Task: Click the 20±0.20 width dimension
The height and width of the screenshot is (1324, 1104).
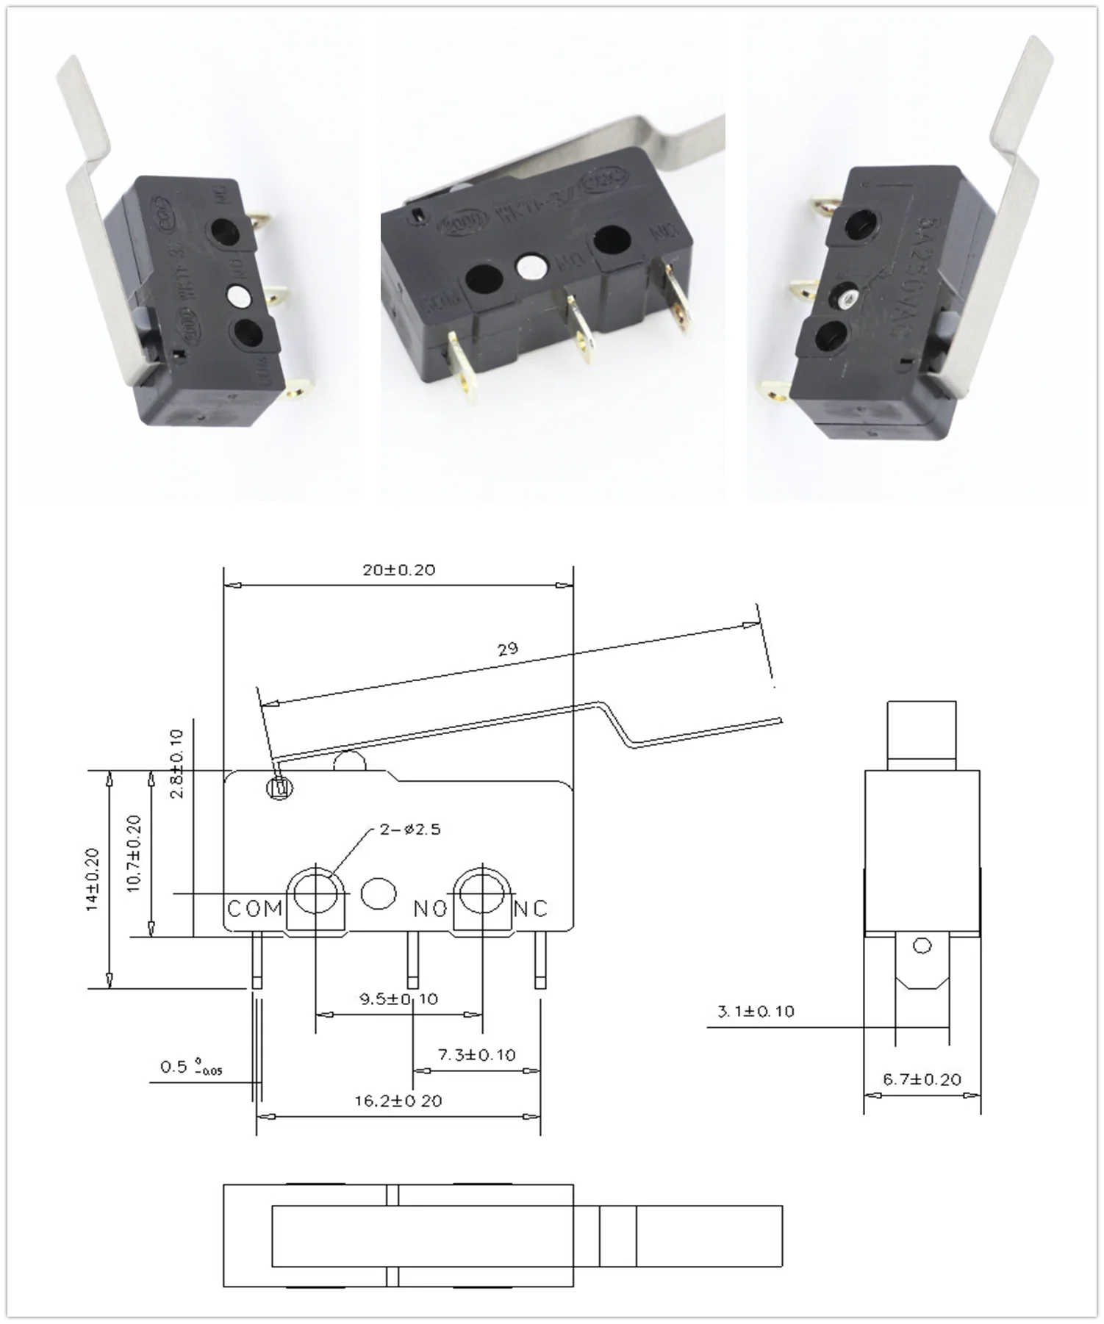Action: point(398,570)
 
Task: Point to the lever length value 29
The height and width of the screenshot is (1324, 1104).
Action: point(507,649)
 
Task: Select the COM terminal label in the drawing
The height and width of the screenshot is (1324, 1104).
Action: point(254,909)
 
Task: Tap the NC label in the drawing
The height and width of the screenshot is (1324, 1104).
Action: point(531,909)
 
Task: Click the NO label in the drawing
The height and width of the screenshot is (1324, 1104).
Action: point(430,909)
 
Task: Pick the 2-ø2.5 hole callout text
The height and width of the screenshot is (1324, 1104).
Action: point(410,830)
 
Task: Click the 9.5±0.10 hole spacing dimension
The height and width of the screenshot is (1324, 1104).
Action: point(398,999)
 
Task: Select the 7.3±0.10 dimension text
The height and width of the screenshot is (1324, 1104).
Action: point(476,1055)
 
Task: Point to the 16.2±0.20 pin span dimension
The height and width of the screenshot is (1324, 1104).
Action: point(398,1101)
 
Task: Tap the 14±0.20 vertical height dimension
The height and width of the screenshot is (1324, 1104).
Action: point(92,879)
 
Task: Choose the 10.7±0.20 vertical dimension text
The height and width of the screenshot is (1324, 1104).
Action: point(134,854)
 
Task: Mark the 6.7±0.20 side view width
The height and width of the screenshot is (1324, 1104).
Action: point(922,1079)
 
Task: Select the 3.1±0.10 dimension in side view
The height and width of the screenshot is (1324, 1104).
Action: point(756,1012)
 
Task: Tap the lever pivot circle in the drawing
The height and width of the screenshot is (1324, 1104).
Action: point(279,788)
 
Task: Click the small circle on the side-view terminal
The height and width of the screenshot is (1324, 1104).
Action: point(922,946)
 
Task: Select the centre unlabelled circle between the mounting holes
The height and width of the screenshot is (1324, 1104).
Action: point(378,893)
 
